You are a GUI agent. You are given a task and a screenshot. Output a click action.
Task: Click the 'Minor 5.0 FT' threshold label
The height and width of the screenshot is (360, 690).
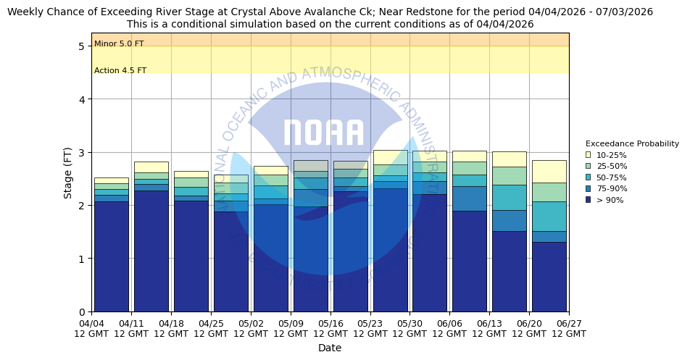[119, 44]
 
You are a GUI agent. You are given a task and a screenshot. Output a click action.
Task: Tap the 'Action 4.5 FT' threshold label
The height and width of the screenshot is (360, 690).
[120, 71]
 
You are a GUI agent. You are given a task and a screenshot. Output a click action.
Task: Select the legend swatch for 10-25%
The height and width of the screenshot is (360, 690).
[589, 155]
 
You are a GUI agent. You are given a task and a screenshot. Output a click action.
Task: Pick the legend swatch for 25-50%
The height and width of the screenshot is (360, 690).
[589, 166]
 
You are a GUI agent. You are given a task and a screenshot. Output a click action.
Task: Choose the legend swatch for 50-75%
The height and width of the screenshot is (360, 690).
[589, 177]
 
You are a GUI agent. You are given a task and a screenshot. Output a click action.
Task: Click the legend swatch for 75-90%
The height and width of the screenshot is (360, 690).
[589, 188]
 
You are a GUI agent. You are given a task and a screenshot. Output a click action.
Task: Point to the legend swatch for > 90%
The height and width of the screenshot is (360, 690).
[589, 200]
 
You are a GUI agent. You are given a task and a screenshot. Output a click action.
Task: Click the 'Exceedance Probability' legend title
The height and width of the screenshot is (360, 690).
[632, 143]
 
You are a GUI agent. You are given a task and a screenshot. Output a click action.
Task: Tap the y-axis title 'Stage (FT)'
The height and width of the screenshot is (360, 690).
[67, 172]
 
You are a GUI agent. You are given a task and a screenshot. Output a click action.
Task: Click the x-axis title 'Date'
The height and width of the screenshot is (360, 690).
[330, 348]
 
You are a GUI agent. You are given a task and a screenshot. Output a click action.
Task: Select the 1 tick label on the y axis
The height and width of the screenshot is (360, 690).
[82, 259]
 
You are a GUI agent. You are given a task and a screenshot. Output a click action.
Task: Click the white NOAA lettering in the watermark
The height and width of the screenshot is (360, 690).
[323, 133]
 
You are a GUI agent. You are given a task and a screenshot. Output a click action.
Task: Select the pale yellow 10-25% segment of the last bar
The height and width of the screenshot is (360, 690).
[549, 172]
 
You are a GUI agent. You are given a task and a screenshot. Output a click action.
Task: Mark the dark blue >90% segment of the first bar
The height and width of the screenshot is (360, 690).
[111, 256]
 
